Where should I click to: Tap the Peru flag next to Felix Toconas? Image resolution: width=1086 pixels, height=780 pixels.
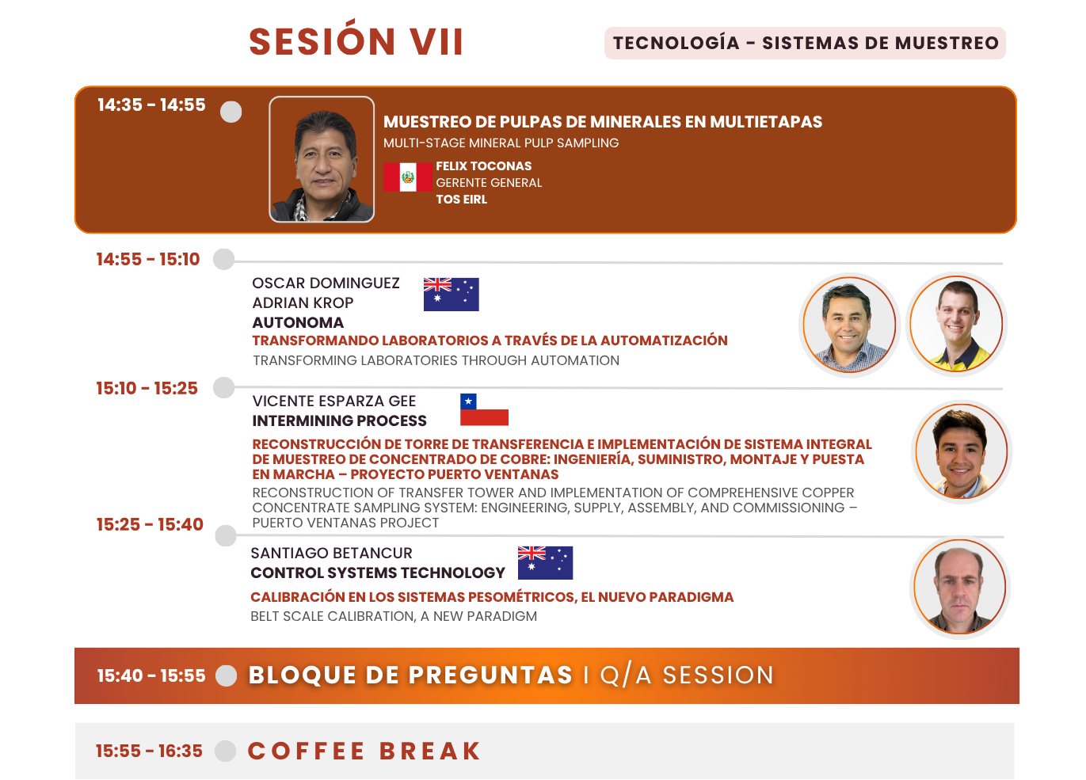pos(407,177)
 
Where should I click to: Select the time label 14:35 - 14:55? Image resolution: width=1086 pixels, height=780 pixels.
pos(151,105)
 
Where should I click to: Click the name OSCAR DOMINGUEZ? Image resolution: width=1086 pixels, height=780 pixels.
pos(326,283)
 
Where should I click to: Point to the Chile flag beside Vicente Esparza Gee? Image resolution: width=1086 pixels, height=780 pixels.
pos(484,409)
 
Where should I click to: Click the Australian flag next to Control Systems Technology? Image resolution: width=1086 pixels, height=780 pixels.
pos(545,562)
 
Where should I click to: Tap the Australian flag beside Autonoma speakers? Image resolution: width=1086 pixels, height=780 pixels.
pos(451,295)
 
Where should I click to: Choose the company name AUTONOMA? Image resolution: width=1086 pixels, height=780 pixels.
pos(298,322)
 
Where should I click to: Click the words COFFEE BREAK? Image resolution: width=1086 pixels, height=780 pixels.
pos(364,751)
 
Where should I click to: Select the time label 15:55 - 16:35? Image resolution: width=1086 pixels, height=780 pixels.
pos(150,751)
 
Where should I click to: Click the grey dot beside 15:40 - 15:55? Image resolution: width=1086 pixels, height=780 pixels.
pos(226,675)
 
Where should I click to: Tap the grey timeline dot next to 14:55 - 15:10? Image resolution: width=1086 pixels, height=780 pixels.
pos(224,259)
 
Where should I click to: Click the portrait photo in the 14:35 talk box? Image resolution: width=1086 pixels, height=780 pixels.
pos(322,159)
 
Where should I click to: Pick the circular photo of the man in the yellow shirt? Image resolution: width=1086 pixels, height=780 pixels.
pos(956,324)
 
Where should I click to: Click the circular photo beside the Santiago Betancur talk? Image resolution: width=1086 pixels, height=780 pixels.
pos(960,587)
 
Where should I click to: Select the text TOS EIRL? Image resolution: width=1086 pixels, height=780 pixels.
pos(461,200)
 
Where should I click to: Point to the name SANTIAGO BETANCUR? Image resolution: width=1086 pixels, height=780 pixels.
pos(331,553)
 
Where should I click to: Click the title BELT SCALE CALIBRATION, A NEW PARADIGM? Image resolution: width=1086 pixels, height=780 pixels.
pos(394,616)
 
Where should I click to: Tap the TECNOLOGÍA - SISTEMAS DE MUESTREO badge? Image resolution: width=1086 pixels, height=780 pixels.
pos(805,43)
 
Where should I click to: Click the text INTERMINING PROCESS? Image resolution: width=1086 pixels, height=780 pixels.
pos(339,420)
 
